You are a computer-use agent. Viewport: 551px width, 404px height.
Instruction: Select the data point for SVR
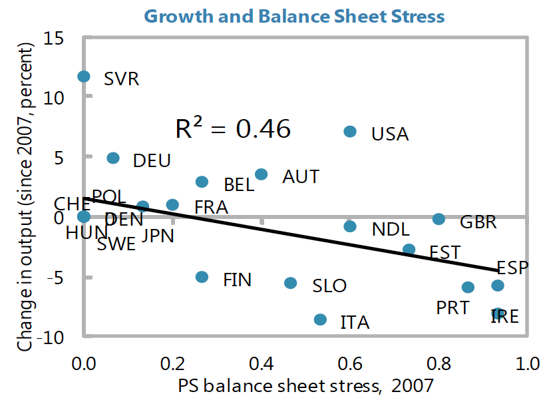[84, 77]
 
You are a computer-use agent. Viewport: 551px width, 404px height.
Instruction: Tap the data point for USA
[350, 132]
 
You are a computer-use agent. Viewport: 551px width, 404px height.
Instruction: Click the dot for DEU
[113, 158]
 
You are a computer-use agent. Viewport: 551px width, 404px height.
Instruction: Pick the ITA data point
[320, 319]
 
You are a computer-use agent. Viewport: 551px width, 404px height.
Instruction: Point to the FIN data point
[202, 277]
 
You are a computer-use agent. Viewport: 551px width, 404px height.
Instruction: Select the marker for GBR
[439, 219]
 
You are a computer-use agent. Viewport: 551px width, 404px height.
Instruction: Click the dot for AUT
[262, 174]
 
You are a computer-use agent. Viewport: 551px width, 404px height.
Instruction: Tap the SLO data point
[291, 283]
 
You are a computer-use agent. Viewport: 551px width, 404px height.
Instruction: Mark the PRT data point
[468, 287]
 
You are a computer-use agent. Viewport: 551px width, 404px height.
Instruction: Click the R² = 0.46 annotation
[233, 129]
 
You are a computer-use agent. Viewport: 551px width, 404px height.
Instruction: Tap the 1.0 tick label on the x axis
[528, 364]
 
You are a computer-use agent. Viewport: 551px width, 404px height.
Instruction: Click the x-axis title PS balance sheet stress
[305, 385]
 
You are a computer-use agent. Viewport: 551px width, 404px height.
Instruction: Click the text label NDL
[391, 230]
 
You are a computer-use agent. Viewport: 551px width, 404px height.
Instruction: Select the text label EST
[445, 254]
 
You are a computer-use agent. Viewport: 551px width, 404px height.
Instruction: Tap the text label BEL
[239, 185]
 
